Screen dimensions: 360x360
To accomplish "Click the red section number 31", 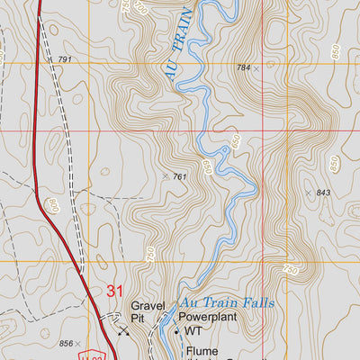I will tap(114, 291).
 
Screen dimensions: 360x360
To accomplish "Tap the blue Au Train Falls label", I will tap(227, 303).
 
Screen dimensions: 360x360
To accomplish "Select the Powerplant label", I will tap(213, 318).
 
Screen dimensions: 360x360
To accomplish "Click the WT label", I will tap(193, 331).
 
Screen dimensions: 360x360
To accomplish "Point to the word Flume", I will tap(202, 351).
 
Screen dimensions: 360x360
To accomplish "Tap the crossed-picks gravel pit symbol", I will tap(123, 330).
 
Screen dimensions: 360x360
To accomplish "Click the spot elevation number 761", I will tap(180, 177).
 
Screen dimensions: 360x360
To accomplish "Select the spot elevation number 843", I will tap(323, 193).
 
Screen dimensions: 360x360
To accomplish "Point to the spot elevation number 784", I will tap(243, 67).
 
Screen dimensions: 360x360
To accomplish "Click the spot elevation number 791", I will tap(64, 59).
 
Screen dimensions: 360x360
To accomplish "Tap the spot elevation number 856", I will tap(66, 343).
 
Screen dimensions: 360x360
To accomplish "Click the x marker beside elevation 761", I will tap(166, 176).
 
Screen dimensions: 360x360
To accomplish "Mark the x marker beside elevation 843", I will tap(308, 193).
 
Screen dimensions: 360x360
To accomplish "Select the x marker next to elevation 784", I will tap(256, 68).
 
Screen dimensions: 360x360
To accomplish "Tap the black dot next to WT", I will tap(176, 331).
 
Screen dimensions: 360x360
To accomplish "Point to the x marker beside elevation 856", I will tap(79, 343).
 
